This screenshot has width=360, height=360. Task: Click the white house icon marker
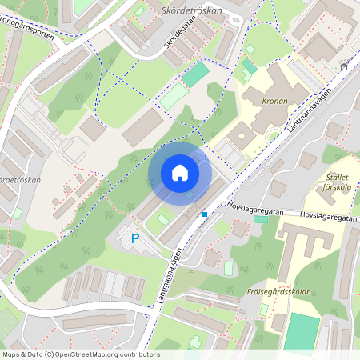click(180, 173)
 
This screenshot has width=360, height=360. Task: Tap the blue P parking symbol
click(135, 238)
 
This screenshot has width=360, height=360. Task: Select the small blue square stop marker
click(205, 214)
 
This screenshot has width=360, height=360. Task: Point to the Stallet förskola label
click(333, 183)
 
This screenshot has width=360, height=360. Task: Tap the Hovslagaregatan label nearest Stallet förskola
click(327, 215)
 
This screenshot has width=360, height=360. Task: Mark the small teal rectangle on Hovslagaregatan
click(261, 218)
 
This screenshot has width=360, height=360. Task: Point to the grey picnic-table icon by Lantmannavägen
click(345, 67)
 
